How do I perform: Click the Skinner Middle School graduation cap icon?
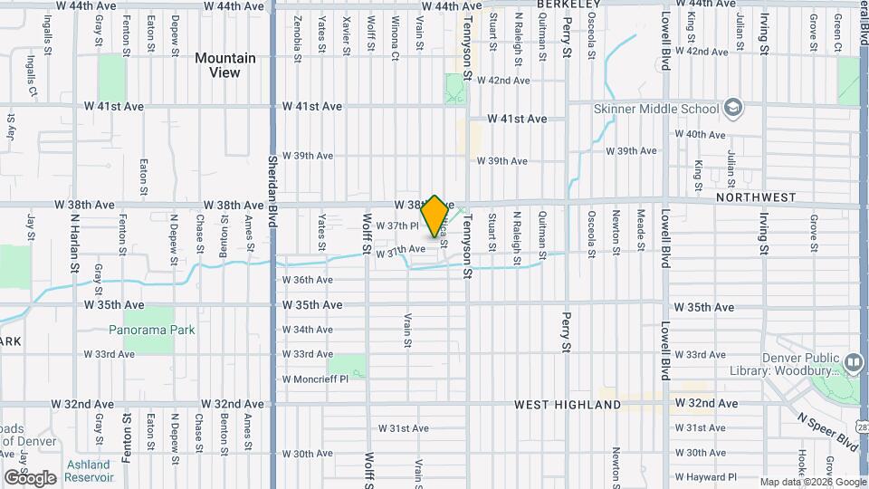click(732, 109)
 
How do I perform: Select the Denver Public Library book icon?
click(852, 364)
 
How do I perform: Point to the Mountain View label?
click(225, 65)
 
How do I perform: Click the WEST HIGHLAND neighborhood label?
click(568, 404)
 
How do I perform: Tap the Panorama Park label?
click(152, 331)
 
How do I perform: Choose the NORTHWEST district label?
click(755, 197)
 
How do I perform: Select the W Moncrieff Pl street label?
click(315, 379)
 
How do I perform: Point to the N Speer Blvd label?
click(827, 431)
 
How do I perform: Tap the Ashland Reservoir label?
click(88, 471)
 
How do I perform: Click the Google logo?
click(30, 477)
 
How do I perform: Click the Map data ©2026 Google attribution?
click(812, 482)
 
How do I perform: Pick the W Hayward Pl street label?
click(707, 476)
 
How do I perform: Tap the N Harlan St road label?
click(75, 244)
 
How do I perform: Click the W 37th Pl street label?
click(397, 225)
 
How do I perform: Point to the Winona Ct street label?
click(396, 37)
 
